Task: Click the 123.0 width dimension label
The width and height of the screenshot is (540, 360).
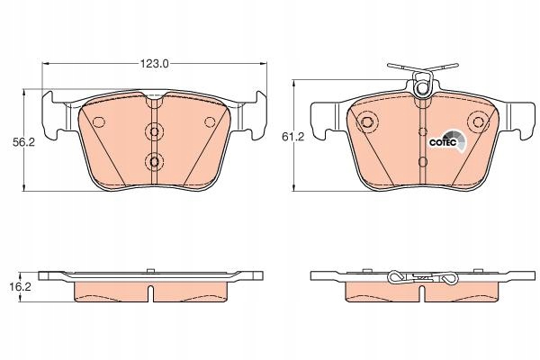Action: point(154,64)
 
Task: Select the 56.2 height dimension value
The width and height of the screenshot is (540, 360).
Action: point(23,142)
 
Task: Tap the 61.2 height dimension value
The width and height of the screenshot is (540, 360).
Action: point(293,137)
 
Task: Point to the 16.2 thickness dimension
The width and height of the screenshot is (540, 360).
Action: point(20,286)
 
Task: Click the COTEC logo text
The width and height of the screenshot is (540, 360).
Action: point(443,142)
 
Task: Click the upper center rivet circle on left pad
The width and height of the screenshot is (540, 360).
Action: point(154,131)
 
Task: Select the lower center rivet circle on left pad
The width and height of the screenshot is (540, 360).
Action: point(154,161)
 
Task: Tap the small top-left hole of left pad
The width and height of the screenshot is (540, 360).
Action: point(99,121)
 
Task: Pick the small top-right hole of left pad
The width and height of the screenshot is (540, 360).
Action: point(210,121)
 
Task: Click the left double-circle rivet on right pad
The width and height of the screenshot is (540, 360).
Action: point(367,121)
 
